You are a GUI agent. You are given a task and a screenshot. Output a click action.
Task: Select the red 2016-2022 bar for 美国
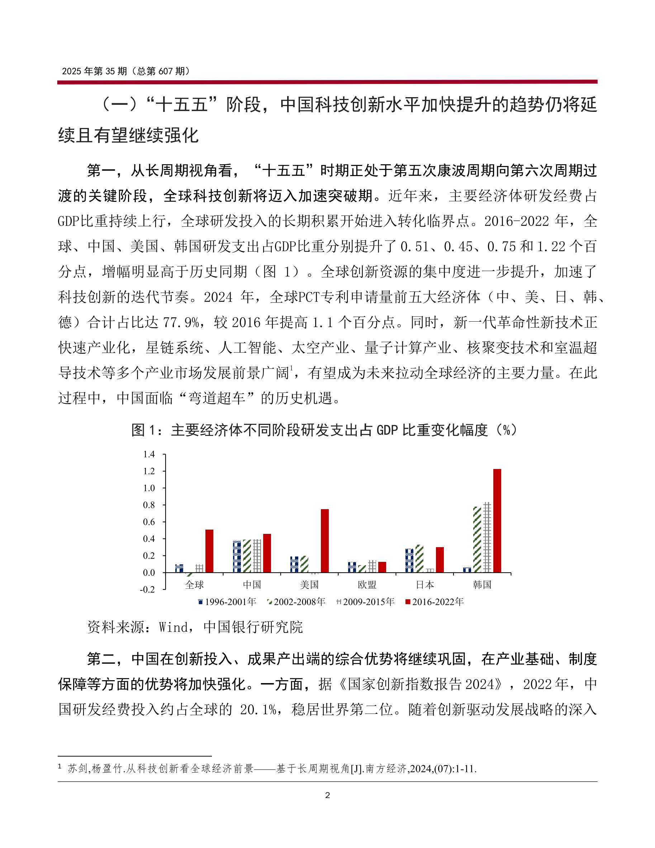[x=324, y=541]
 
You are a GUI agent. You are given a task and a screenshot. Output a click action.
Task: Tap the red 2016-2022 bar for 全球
[x=209, y=551]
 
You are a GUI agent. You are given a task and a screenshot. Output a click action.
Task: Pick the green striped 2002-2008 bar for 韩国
[x=477, y=540]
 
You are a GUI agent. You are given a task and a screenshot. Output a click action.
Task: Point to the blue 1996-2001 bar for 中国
[x=237, y=556]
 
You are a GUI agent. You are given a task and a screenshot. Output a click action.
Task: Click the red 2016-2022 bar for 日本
[x=440, y=560]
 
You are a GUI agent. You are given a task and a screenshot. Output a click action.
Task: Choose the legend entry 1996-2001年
[x=227, y=602]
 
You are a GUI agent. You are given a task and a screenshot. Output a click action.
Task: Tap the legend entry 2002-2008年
[x=296, y=602]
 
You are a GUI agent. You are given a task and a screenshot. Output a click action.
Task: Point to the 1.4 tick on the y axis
[x=149, y=454]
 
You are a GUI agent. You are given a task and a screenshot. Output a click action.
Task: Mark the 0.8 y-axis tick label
[x=149, y=505]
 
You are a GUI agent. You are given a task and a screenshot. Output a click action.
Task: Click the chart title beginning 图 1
[x=324, y=430]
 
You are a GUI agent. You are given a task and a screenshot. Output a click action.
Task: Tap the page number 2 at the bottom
[x=327, y=795]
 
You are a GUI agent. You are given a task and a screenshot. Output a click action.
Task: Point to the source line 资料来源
[x=195, y=627]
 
